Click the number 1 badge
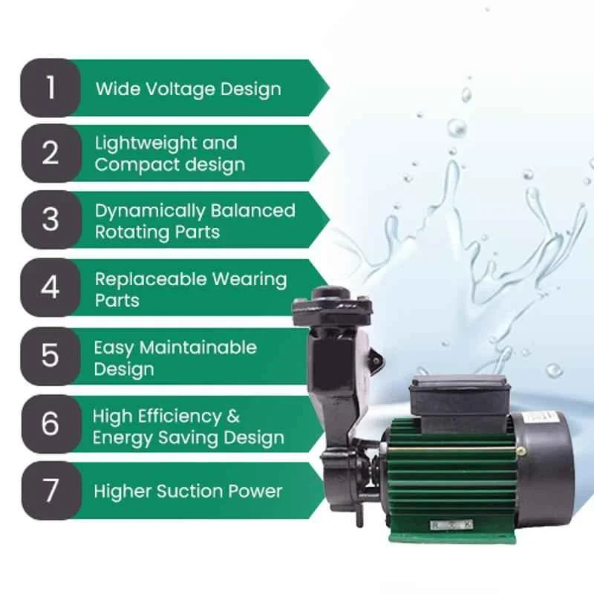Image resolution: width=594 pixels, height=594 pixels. (x=50, y=88)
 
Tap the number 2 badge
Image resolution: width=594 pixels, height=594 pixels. (x=51, y=153)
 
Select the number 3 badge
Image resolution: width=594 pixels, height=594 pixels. (x=51, y=220)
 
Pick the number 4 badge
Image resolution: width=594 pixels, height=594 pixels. (x=50, y=287)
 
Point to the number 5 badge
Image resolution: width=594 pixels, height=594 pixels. (x=50, y=356)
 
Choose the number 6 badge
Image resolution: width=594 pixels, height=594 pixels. (x=51, y=423)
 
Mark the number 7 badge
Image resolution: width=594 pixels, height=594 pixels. (x=51, y=490)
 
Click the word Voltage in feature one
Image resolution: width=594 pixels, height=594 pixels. (x=180, y=90)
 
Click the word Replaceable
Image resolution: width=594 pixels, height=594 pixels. (x=151, y=279)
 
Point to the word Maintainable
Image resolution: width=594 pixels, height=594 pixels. (x=198, y=347)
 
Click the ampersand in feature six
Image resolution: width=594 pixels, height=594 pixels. (x=233, y=416)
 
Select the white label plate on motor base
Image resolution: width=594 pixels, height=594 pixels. (x=451, y=525)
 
